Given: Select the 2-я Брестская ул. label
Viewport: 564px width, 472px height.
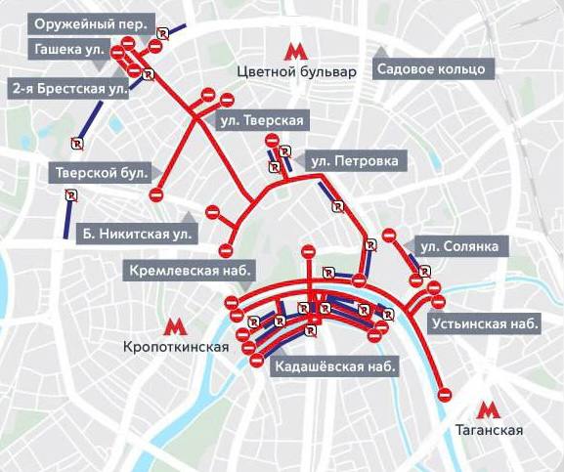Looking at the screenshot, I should pyautogui.click(x=68, y=89).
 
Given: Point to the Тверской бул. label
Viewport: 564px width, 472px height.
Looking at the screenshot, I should pyautogui.click(x=101, y=173).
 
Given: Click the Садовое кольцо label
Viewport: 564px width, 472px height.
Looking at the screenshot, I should pyautogui.click(x=432, y=69).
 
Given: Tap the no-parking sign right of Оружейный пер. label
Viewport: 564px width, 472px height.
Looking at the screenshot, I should pyautogui.click(x=162, y=32).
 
